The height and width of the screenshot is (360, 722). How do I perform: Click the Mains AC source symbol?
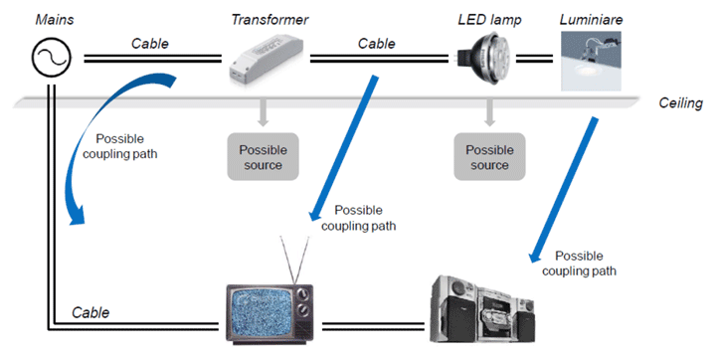click(51, 57)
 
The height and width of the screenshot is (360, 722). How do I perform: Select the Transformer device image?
click(267, 58)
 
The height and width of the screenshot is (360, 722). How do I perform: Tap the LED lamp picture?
click(483, 59)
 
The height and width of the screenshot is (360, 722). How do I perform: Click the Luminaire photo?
click(591, 61)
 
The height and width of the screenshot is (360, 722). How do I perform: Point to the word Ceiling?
click(680, 103)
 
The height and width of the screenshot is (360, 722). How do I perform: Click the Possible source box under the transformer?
click(263, 156)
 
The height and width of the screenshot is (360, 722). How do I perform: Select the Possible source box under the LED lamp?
click(489, 156)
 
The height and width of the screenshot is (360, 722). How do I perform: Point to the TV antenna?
click(295, 259)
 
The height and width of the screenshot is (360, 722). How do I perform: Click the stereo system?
click(482, 308)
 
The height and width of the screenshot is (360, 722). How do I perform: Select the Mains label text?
click(55, 20)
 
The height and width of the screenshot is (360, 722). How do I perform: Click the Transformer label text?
click(270, 20)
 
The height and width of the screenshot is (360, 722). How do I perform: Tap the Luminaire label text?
click(592, 20)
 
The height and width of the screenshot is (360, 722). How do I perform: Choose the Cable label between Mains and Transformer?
click(149, 44)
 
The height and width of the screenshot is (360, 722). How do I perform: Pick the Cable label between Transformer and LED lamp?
click(376, 44)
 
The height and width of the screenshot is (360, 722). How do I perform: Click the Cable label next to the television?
click(90, 313)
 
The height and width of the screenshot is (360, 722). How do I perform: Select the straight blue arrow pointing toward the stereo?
click(563, 190)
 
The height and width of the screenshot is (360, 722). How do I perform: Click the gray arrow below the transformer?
click(263, 111)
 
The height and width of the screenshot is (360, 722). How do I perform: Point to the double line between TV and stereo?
click(374, 326)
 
